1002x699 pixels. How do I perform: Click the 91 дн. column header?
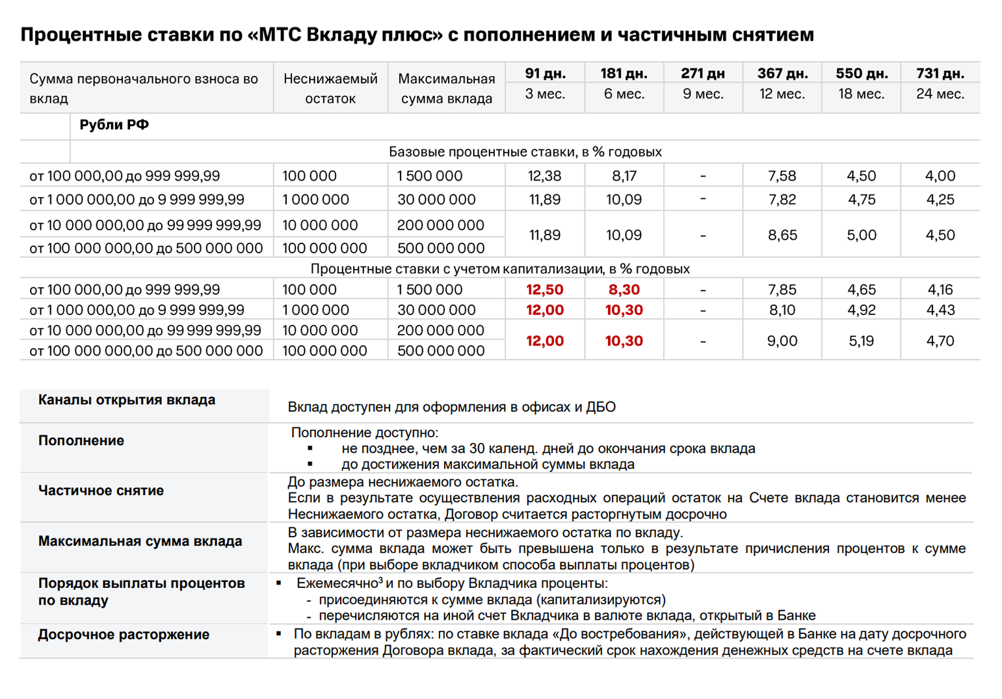coord(545,73)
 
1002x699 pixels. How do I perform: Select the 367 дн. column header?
coord(782,73)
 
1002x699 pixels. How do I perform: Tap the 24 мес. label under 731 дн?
coord(940,94)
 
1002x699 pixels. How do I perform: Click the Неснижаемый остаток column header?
coord(330,88)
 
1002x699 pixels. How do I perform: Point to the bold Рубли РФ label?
coord(114,125)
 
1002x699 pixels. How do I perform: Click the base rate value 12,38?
coord(544,176)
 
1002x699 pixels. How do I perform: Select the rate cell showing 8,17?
coord(624,176)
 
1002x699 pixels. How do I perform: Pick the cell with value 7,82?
coord(782,199)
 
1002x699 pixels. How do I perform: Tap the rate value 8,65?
coord(782,235)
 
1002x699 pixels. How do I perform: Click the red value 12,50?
coord(545,290)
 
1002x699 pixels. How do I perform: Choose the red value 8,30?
coord(624,290)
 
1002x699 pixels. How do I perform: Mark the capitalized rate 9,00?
coord(782,341)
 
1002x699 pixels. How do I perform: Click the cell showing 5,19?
coord(861,341)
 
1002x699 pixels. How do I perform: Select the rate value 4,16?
coord(940,290)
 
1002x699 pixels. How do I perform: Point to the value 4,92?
coord(861,311)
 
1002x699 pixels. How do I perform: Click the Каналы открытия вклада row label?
coord(126,400)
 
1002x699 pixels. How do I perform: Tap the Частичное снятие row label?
coord(101,490)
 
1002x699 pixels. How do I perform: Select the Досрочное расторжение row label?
coord(124,635)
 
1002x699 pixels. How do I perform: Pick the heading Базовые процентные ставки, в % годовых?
coord(525,152)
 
